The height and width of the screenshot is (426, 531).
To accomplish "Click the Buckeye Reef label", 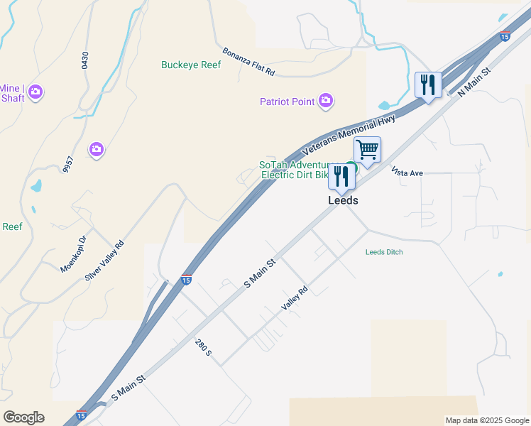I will point(191,65).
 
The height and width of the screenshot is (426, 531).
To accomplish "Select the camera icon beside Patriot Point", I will point(326,102).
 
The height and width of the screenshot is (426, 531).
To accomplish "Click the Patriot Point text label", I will point(287,102).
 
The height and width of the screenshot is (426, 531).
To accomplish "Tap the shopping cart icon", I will point(367,150).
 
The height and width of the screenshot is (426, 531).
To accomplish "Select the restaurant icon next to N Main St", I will point(428,85).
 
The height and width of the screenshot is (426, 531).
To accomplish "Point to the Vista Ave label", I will point(407,172).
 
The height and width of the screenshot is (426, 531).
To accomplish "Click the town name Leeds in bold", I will point(343,201).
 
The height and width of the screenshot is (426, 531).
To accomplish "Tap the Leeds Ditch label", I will point(384,252).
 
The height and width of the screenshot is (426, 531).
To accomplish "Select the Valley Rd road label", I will point(294,297).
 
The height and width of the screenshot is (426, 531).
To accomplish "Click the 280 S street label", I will point(204,348).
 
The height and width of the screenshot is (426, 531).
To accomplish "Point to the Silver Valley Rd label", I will point(104,261).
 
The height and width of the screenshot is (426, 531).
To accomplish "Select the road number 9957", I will point(68,164).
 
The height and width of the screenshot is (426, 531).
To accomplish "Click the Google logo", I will point(23,417).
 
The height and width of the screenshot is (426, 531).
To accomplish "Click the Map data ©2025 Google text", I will point(486,420).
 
